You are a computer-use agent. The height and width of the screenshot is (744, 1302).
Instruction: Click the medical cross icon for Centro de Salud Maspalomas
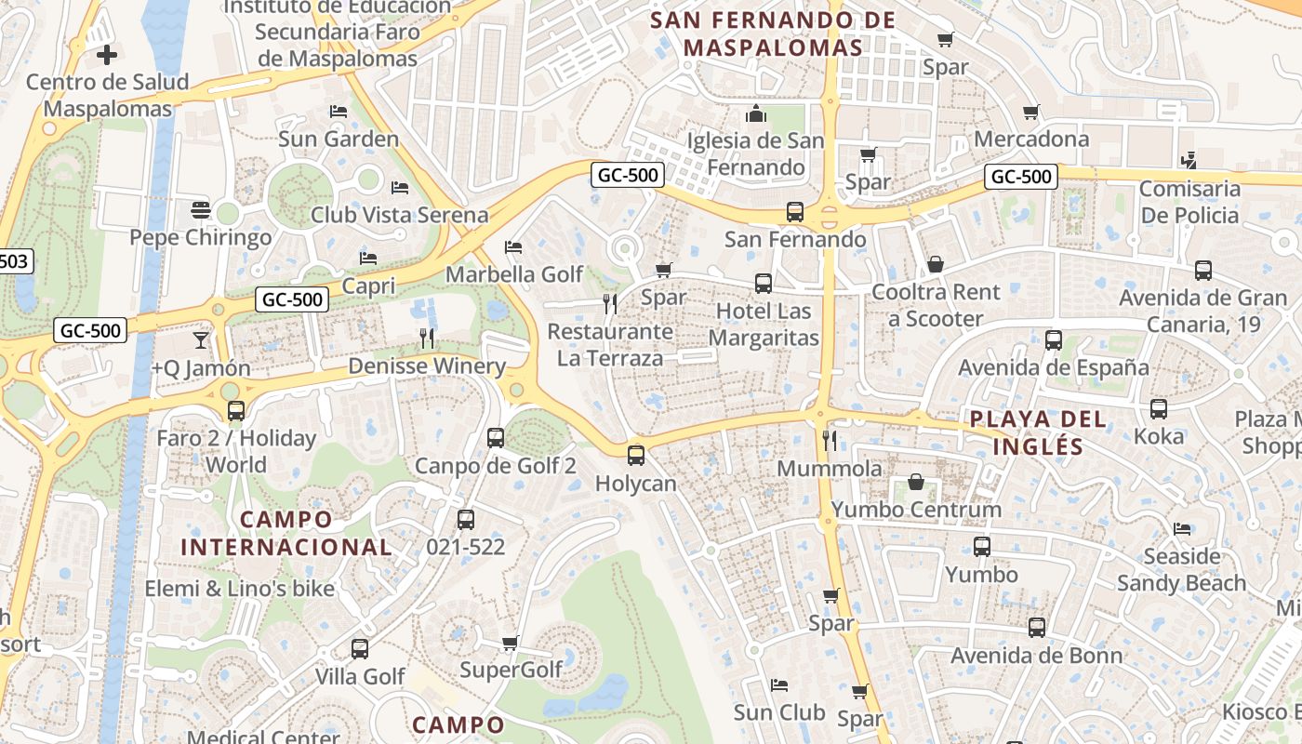coord(107,55)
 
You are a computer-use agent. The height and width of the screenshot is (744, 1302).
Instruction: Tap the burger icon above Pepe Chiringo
coord(200,210)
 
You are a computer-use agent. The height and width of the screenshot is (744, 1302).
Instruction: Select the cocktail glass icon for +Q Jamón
coord(201,340)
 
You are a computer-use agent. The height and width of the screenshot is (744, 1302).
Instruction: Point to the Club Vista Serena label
coord(399,215)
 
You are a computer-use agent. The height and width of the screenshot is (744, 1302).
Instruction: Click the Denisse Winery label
coord(427,365)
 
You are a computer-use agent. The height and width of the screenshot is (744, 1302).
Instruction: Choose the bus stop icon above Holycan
coord(636,456)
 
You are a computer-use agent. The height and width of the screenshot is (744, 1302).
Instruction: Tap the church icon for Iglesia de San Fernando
coord(755,114)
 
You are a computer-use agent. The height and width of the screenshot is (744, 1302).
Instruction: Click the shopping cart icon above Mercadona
coord(1030,113)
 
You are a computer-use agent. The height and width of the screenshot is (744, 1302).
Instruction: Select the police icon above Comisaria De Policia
coord(1188,161)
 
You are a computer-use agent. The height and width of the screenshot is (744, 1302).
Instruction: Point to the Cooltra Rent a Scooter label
coord(936,305)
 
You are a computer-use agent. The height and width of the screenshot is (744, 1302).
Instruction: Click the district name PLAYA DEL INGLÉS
coord(1038,432)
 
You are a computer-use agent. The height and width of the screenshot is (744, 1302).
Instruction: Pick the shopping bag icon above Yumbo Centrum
coord(916,482)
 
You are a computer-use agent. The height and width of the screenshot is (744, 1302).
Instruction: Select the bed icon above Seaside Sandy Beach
coord(1181,529)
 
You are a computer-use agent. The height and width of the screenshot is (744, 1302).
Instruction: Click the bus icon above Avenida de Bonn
coord(1037,628)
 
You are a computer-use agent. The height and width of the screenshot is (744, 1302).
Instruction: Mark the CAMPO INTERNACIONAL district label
coord(286,533)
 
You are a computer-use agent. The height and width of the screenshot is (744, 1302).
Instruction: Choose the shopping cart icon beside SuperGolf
coord(510,643)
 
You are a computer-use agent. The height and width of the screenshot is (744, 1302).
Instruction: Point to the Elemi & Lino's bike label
coord(239,588)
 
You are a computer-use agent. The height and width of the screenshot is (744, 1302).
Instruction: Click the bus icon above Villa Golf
coord(360,649)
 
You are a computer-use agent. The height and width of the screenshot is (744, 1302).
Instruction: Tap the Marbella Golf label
coord(514,274)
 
